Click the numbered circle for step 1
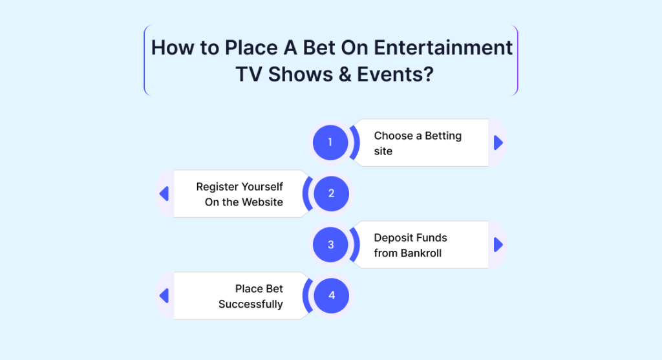click(330, 143)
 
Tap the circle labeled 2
click(332, 194)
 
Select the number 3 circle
click(330, 244)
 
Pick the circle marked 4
click(332, 295)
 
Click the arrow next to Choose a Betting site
click(498, 143)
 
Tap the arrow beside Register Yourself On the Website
click(164, 194)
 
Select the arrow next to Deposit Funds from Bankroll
click(498, 244)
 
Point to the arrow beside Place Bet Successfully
click(164, 295)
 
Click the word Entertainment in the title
click(443, 47)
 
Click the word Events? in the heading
click(396, 74)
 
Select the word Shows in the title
click(301, 74)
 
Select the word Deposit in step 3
click(391, 238)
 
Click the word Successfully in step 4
click(251, 304)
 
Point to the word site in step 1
click(383, 151)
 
